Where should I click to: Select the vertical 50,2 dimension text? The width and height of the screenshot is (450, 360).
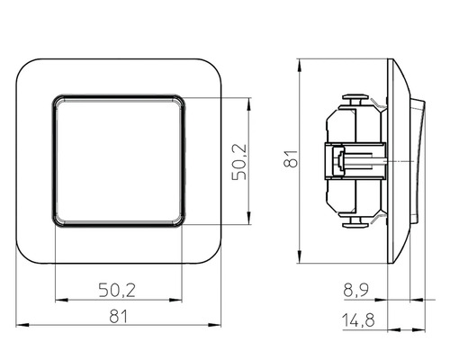[x=238, y=160]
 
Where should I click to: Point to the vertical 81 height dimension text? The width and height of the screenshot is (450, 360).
[x=289, y=160]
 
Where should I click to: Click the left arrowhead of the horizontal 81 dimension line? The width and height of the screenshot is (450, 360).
[x=22, y=326]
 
